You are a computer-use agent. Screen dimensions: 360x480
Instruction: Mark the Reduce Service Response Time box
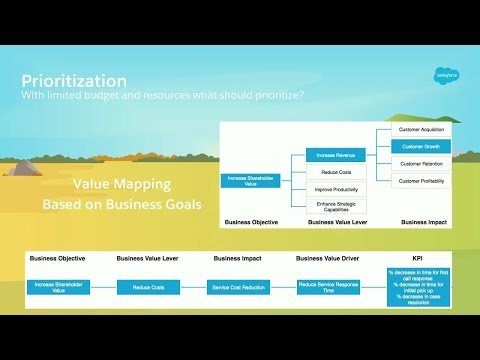tap(328, 287)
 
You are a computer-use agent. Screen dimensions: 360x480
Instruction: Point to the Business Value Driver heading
tap(328, 258)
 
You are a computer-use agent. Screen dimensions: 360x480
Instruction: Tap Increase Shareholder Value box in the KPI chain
tap(58, 287)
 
